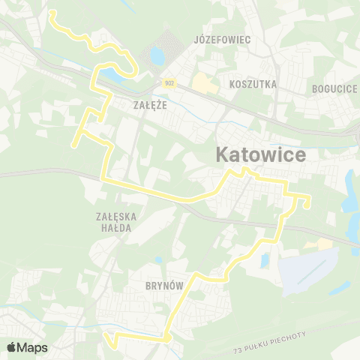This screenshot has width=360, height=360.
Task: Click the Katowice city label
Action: (x=260, y=155)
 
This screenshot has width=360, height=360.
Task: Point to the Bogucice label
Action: (x=334, y=88)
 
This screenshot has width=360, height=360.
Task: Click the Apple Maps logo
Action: (x=27, y=348)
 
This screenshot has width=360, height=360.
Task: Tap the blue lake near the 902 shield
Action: (x=157, y=56)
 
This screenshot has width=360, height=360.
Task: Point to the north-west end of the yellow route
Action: (x=50, y=13)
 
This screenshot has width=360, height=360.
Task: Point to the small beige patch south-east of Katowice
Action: (x=323, y=244)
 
